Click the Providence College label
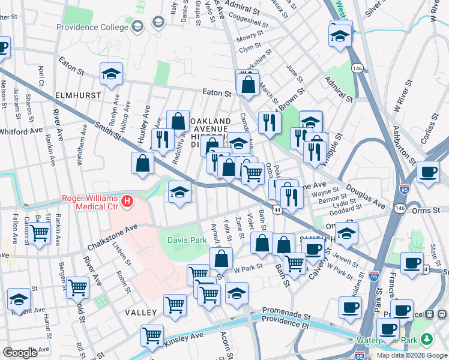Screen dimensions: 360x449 point(92,27)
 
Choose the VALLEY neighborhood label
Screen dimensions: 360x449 point(140,313)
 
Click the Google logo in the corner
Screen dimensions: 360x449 point(20,353)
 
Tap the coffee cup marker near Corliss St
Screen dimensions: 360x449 point(428,172)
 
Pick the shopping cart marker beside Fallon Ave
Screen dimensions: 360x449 point(40,232)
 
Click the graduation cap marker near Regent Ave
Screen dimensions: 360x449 point(19,299)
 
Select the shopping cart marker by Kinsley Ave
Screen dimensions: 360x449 point(152,334)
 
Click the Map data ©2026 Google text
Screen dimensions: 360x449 point(411,355)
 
